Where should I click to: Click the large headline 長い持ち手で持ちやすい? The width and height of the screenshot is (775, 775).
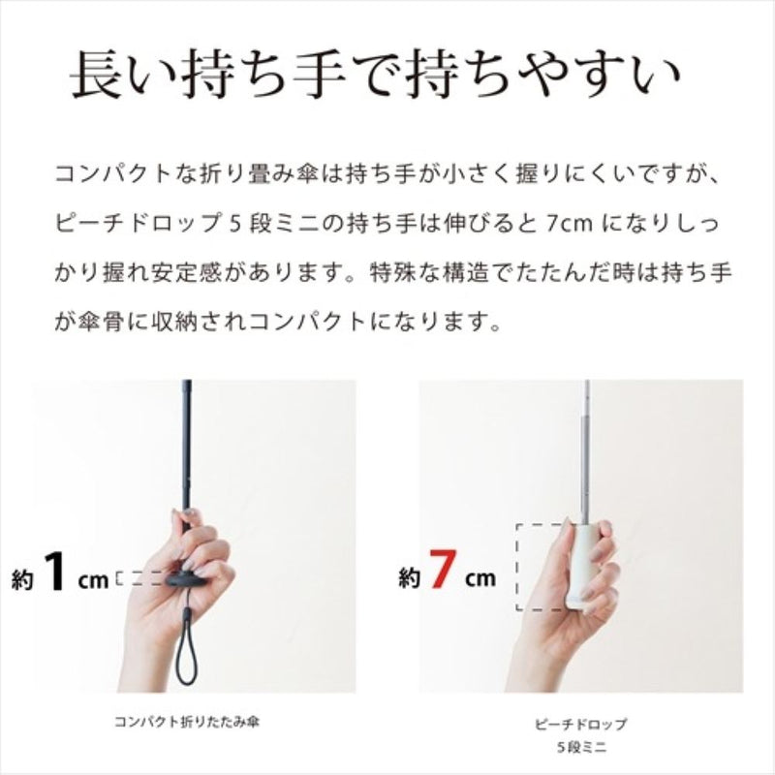375,76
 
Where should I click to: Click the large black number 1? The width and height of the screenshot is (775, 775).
54,571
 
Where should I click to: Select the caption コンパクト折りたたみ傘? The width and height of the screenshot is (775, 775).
187,722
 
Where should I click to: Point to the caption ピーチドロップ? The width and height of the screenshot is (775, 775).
580,724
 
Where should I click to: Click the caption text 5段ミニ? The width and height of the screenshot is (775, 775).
581,747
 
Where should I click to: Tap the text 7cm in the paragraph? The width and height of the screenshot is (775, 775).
570,225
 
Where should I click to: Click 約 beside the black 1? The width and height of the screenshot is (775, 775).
22,578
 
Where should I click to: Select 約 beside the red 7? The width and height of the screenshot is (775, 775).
409,577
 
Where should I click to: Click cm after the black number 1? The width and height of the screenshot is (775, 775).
93,579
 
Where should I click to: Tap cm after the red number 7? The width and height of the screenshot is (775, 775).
480,578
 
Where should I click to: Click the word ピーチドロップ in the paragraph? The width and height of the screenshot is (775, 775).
138,224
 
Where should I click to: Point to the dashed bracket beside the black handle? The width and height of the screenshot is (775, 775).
140,578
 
